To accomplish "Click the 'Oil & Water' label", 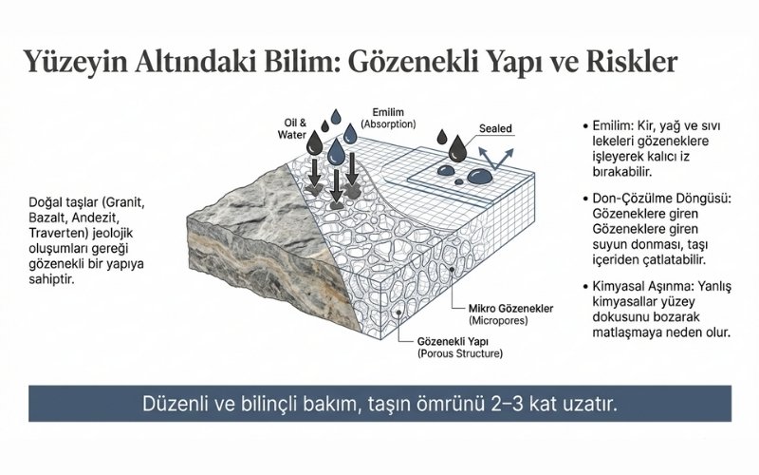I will coord(295,128).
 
